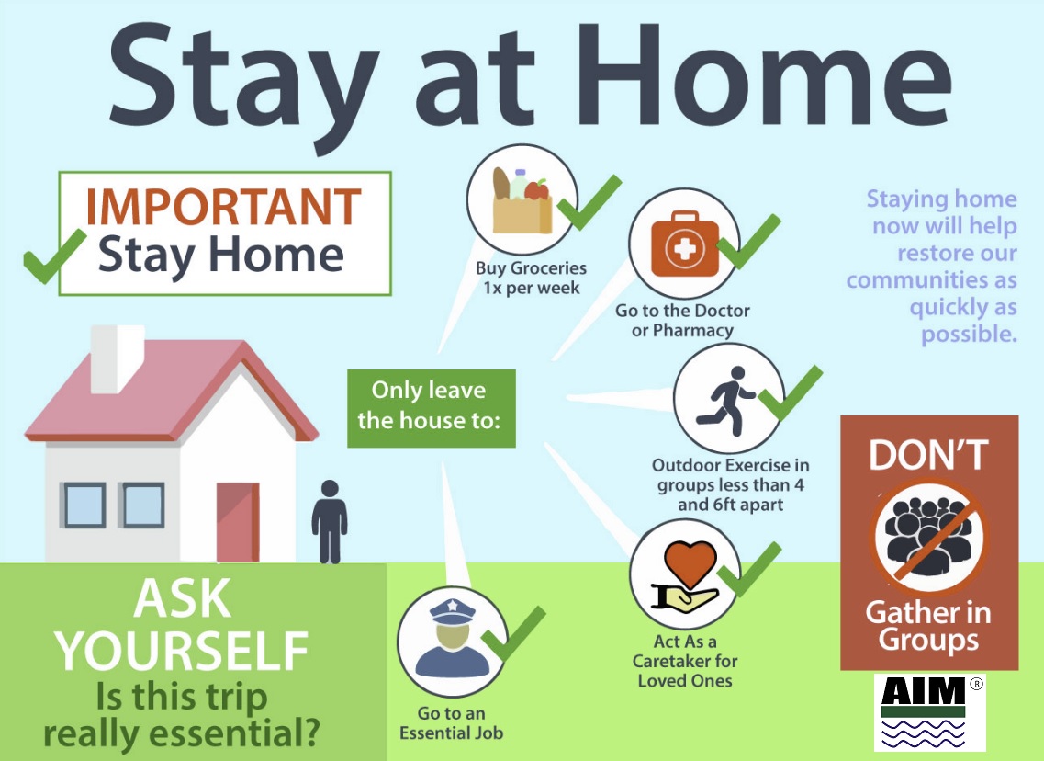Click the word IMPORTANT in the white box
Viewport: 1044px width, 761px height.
coord(223,206)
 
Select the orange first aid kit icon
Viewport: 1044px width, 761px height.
coord(684,243)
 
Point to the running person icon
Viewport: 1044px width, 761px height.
coord(725,400)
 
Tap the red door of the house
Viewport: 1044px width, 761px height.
coord(238,522)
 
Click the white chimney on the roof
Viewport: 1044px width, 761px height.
coord(118,358)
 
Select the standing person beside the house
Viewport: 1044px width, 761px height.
coord(330,522)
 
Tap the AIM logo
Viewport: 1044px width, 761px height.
coord(929,712)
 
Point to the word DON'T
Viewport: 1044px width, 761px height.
coord(928,455)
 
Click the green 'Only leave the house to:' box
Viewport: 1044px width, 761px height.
coord(432,408)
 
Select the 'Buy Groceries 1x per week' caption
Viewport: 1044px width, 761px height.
coord(531,278)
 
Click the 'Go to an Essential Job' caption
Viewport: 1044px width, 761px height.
coord(452,723)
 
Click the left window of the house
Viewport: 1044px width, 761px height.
coord(84,505)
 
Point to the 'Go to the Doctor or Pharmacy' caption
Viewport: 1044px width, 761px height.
coord(682,321)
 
